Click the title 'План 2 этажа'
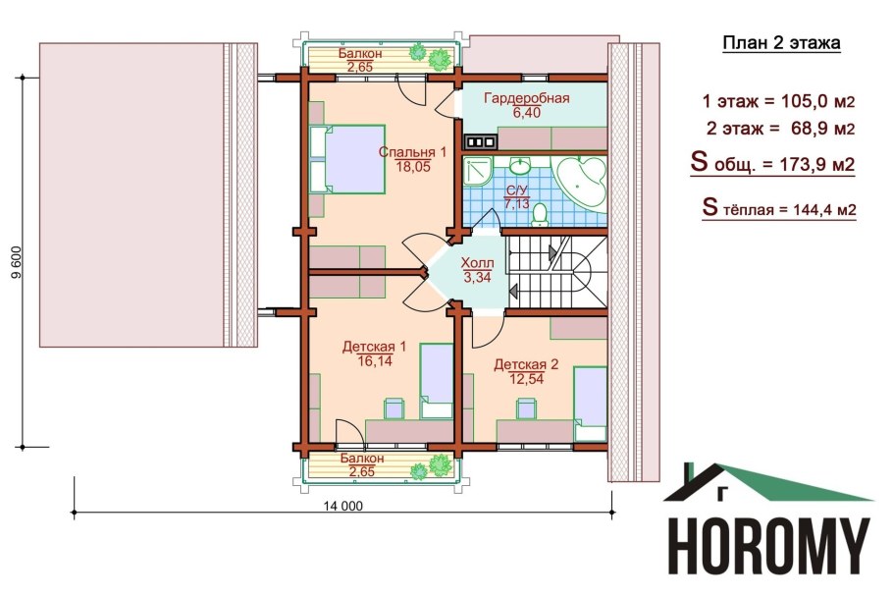coord(781,43)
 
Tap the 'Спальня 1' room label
coord(412,152)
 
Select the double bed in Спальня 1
coord(347,159)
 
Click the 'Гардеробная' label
coord(527,98)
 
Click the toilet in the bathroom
coord(539,214)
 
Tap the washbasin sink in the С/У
coord(519,166)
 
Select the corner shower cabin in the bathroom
coord(476,171)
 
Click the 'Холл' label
coord(477,263)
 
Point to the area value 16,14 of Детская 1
coord(375,360)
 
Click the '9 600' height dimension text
coord(16,262)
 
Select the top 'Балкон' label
coord(360,54)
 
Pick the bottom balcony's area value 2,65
coord(362,471)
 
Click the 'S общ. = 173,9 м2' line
coord(772,163)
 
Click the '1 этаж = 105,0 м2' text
coord(779,102)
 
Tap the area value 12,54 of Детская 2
coord(527,379)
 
